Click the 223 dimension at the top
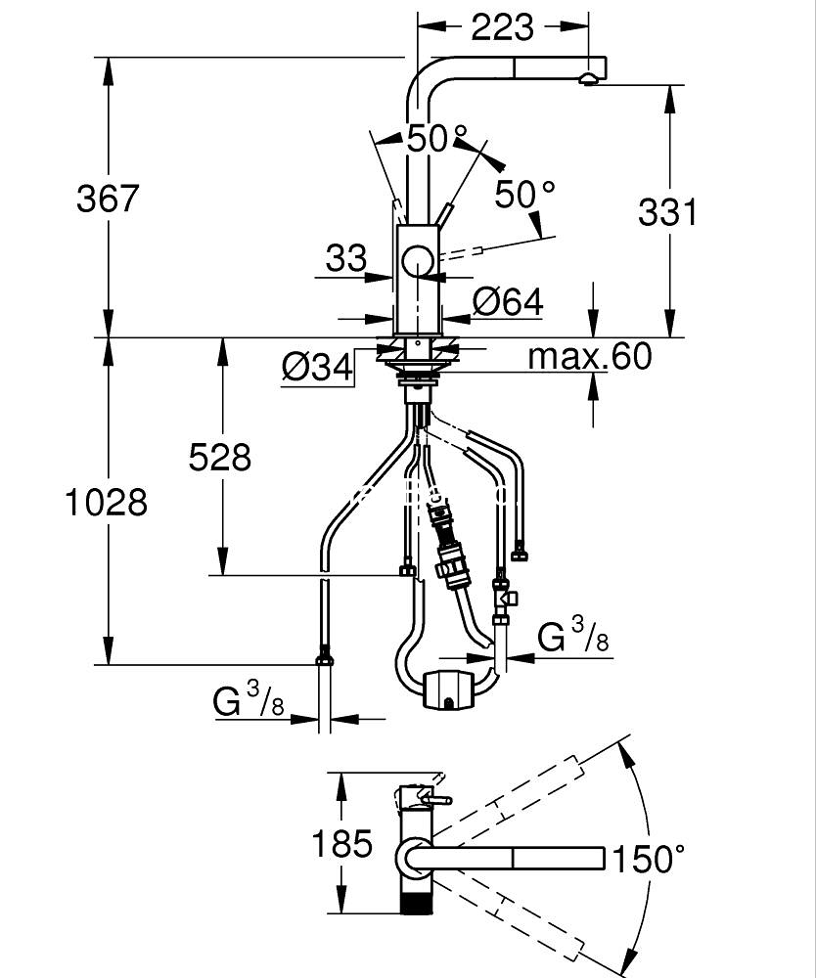coord(503,26)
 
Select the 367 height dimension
coord(109,199)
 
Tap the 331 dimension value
coord(667,211)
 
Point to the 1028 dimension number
coord(107,502)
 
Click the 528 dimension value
coord(220,456)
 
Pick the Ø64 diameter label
coord(507,302)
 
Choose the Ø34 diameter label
coord(317,367)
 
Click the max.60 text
coord(589,357)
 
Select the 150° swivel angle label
coord(648,860)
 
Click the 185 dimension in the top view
coord(342,843)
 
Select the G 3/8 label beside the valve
coord(573,639)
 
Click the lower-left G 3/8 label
coord(249,700)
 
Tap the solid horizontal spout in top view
coord(519,858)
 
